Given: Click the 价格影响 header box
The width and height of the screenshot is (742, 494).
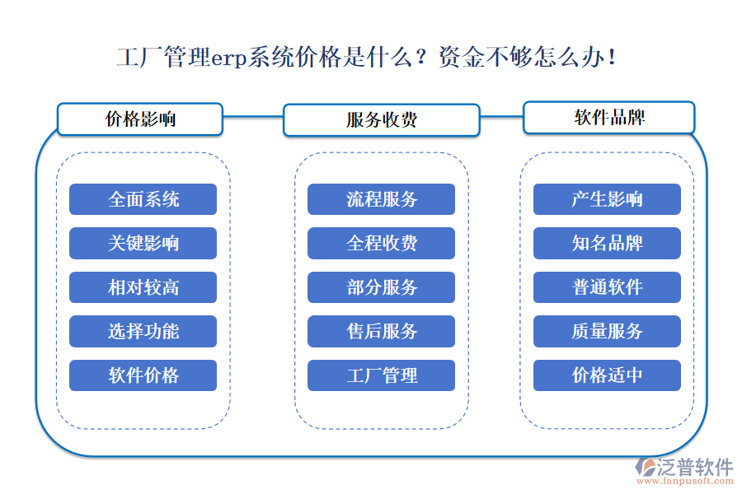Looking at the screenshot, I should click(140, 119).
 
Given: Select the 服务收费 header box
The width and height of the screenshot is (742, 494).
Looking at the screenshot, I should click(381, 119).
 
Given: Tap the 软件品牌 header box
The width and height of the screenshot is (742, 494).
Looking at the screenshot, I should click(609, 117).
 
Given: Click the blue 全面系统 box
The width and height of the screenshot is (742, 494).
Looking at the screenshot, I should click(143, 199).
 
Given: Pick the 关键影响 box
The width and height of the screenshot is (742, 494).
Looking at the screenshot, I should click(143, 243).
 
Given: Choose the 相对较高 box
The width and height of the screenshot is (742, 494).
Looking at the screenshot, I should click(143, 287).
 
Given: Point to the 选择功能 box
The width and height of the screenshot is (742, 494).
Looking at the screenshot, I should click(143, 331).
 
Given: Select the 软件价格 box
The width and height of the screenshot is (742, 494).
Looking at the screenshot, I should click(143, 375).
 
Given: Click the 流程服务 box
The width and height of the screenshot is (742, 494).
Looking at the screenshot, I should click(382, 199).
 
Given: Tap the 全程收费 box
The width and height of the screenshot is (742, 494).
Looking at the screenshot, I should click(382, 243).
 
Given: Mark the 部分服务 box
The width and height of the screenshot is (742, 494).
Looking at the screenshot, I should click(382, 287).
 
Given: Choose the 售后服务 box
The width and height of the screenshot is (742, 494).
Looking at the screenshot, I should click(382, 331).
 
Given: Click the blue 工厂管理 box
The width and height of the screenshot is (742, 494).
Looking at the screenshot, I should click(382, 375).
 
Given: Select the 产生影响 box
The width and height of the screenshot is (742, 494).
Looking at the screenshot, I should click(608, 199).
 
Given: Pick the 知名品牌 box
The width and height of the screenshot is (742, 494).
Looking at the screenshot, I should click(608, 243).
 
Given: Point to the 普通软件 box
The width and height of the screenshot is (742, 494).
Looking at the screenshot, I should click(608, 287).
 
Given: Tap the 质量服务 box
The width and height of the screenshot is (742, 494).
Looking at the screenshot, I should click(608, 331).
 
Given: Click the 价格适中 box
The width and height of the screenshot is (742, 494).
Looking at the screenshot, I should click(608, 375).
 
